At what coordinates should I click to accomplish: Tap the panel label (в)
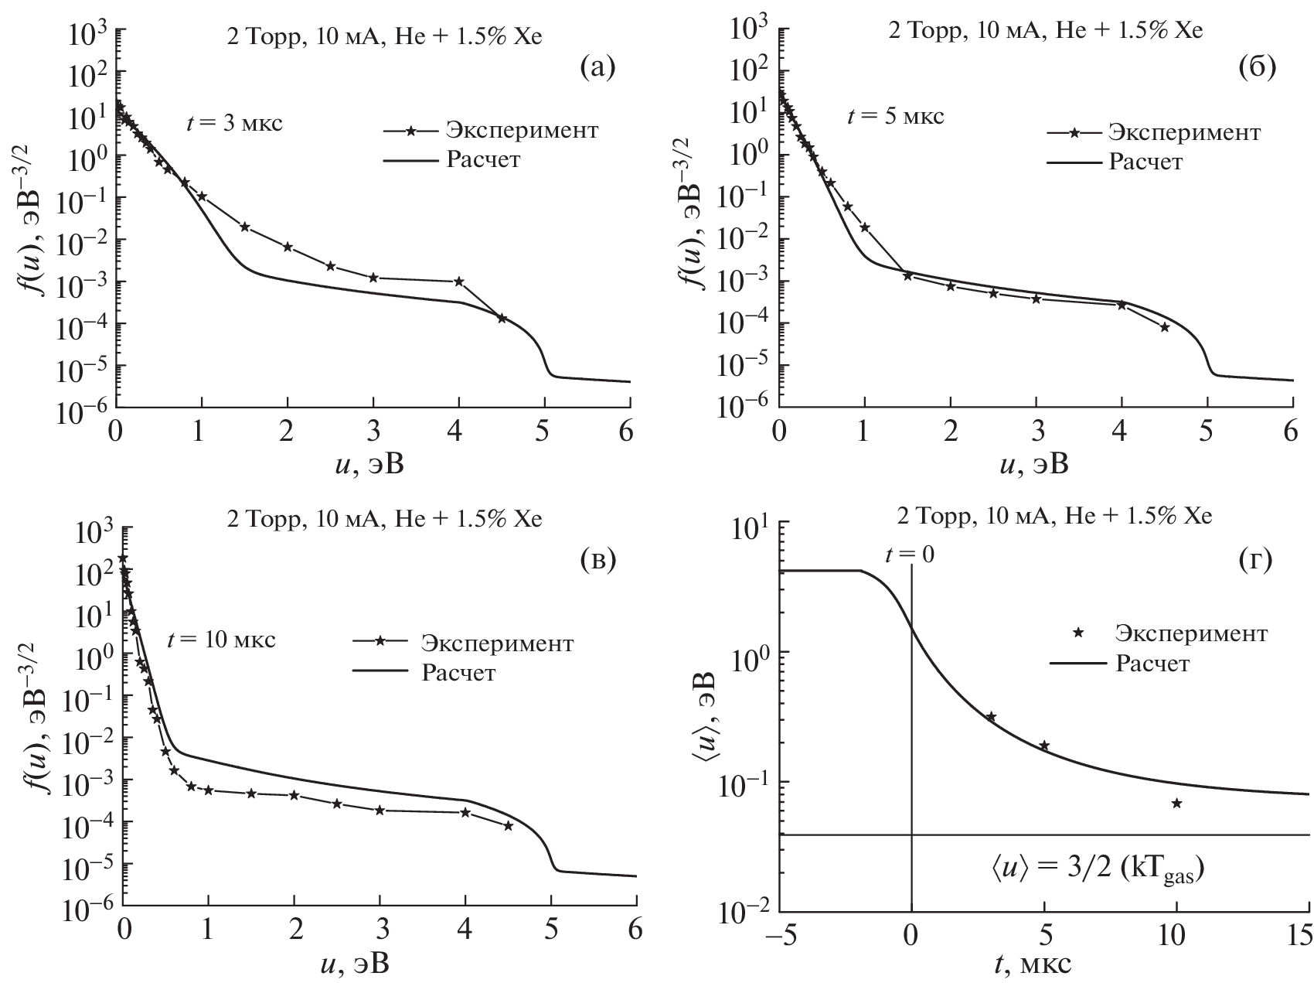pos(597,561)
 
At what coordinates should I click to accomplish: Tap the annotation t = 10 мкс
pos(221,640)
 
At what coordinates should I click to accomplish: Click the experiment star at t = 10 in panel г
pos(1176,804)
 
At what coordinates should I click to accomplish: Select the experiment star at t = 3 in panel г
pos(992,717)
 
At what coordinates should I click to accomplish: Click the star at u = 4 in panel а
pos(458,282)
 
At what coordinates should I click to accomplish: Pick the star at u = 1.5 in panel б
pos(908,276)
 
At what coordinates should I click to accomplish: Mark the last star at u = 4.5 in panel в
pos(508,826)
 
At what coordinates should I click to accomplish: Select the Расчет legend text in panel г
pos(1152,663)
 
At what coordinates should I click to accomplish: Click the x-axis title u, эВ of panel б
pos(1034,463)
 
